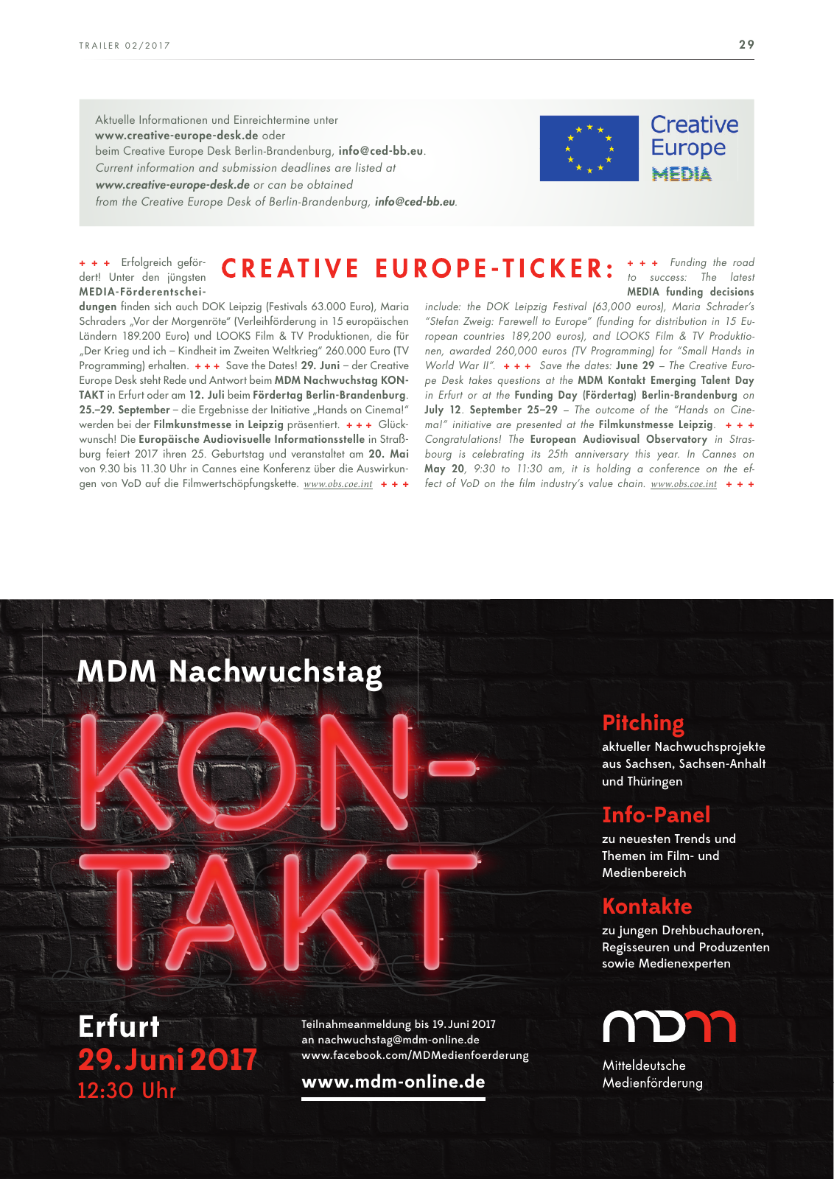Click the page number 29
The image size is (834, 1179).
click(x=746, y=45)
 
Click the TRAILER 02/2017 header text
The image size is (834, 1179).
click(x=125, y=46)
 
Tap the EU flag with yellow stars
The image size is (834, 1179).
click(x=589, y=148)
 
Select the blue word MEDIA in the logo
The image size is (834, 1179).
click(x=681, y=175)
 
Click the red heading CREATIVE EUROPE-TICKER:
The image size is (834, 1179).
click(x=418, y=269)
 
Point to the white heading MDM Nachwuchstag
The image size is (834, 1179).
click(x=229, y=672)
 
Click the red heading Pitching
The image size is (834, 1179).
click(x=642, y=723)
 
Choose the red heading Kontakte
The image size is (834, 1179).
click(x=647, y=906)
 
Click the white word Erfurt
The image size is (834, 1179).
click(x=119, y=1026)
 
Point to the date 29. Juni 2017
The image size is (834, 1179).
click(x=167, y=1060)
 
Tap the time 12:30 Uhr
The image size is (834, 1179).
click(x=127, y=1091)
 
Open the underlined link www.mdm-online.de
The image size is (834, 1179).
click(x=393, y=1082)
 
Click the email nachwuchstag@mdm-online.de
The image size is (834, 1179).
click(x=398, y=1040)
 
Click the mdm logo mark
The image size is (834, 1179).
click(x=669, y=1026)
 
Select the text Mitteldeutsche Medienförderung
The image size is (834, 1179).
click(x=652, y=1074)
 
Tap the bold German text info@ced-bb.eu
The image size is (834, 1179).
click(x=380, y=151)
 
